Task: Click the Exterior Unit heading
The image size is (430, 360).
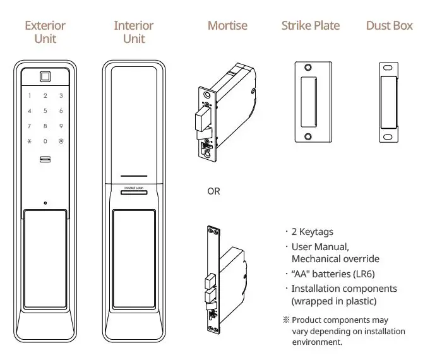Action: point(45,32)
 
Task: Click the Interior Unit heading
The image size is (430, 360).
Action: point(133,32)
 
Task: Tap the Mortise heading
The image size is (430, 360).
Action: point(227,26)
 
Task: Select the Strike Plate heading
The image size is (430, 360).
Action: point(310,26)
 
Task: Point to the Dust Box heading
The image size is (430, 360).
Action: point(389,26)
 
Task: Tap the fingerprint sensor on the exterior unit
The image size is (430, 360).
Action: point(45,78)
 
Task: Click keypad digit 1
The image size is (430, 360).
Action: point(30,96)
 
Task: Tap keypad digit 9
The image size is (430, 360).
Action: point(61,126)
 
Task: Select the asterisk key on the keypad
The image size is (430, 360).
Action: point(30,141)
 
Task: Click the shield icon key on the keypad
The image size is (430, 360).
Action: point(61,141)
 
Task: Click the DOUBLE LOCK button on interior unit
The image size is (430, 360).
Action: point(133,188)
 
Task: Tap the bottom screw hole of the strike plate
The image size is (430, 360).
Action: point(308,136)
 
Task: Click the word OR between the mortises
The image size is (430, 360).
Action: point(214,191)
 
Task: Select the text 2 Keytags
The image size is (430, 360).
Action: point(313,231)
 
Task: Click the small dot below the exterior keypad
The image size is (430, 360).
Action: point(45,203)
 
